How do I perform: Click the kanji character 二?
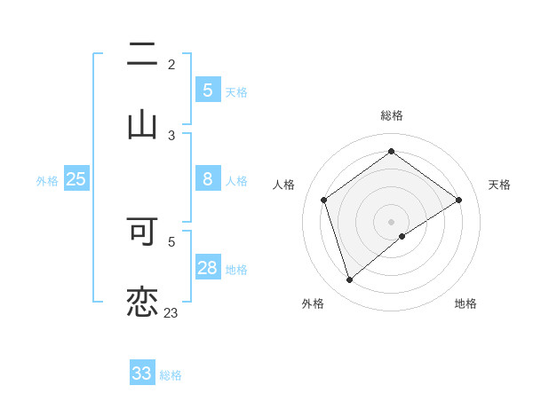(x=142, y=55)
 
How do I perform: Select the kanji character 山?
(x=142, y=124)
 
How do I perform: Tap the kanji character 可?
(x=142, y=231)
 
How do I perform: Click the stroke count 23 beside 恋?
(x=171, y=312)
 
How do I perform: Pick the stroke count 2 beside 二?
(x=171, y=64)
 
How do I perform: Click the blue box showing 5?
(x=207, y=90)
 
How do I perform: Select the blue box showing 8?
(x=207, y=179)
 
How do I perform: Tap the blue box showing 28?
(x=207, y=268)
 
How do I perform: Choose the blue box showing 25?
(x=76, y=179)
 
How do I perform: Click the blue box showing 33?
(x=142, y=374)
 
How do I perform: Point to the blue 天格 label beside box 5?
(x=236, y=91)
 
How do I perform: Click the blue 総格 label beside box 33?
(x=171, y=375)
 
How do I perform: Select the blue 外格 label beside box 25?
(x=47, y=181)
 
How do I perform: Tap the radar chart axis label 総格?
(x=392, y=115)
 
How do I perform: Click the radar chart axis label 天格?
(x=499, y=185)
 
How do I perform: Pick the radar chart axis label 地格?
(x=465, y=303)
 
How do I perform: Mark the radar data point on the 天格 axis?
(x=459, y=200)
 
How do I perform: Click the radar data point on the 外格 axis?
(x=349, y=280)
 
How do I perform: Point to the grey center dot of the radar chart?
(x=392, y=221)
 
